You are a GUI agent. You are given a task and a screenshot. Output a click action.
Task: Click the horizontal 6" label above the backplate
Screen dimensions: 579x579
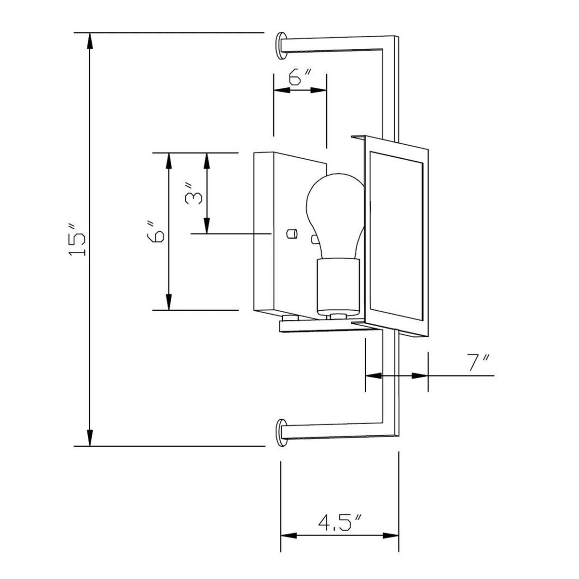coord(299,77)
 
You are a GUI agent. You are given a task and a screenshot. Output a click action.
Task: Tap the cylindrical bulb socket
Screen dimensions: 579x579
coord(338,286)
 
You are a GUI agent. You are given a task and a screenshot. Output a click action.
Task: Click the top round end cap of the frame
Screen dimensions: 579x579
coord(281,46)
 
